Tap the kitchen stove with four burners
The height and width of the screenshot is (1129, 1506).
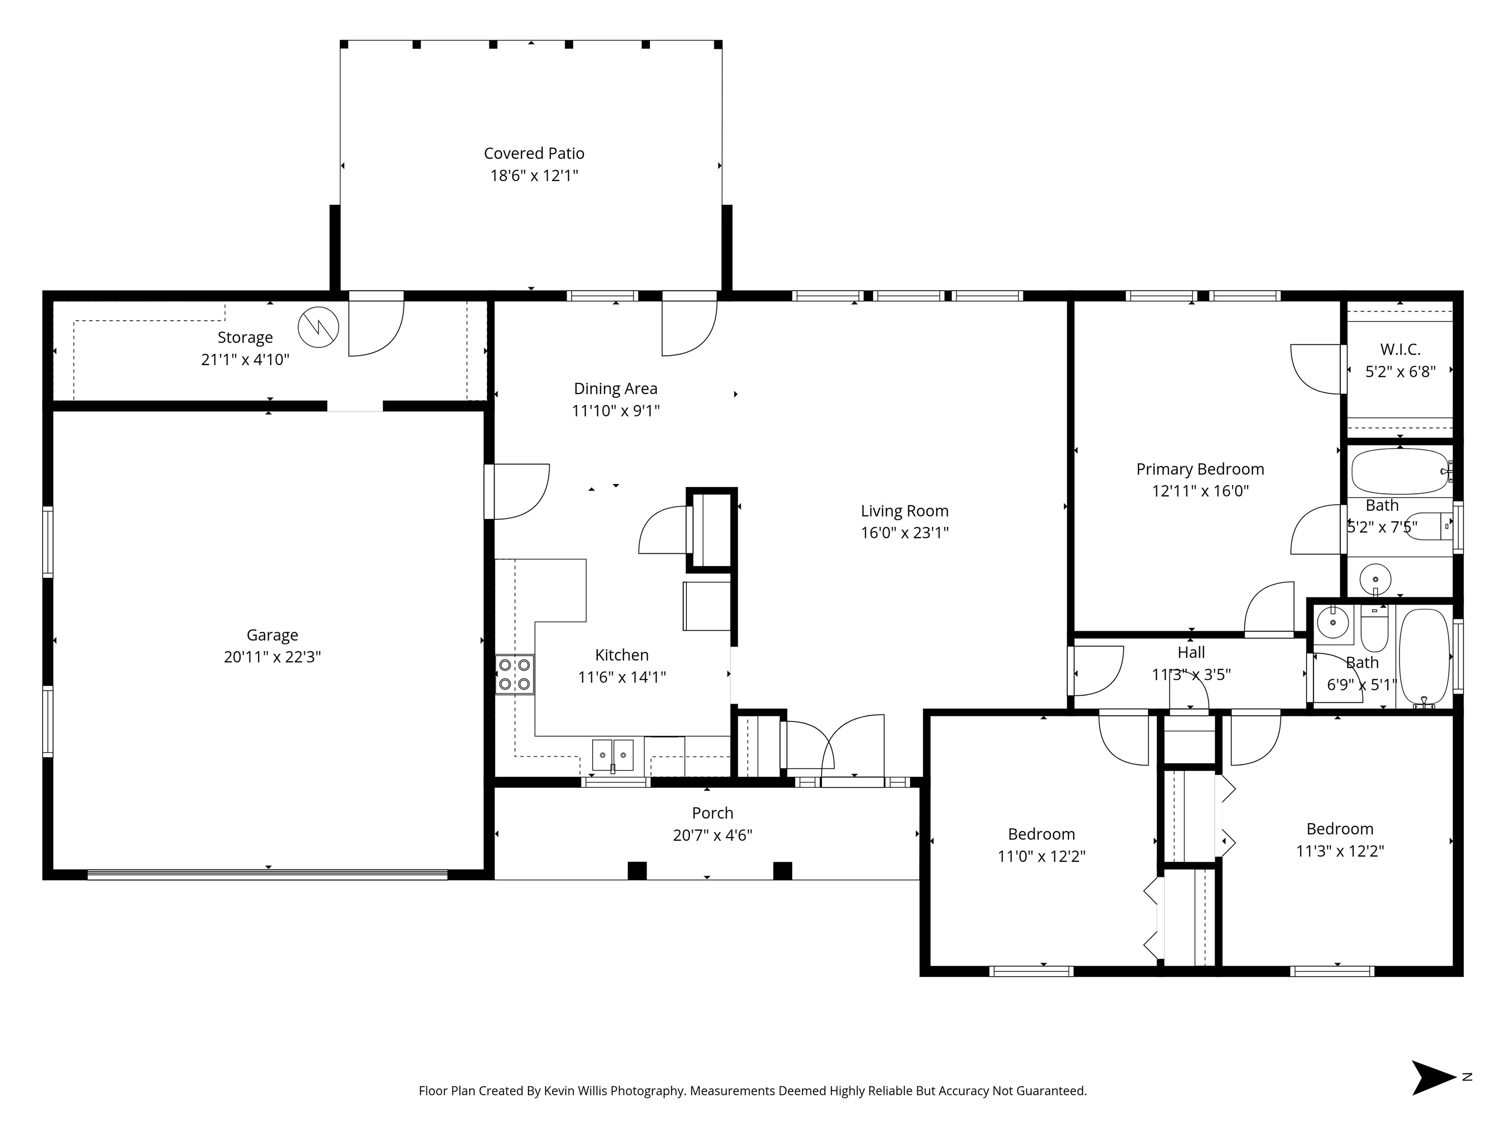click(x=515, y=674)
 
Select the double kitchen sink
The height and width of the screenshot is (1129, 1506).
click(x=613, y=756)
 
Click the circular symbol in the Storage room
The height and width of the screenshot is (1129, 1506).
click(x=319, y=327)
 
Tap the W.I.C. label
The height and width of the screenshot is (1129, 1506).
click(x=1401, y=350)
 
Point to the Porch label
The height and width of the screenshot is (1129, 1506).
click(x=713, y=813)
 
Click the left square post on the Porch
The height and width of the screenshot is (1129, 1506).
click(x=637, y=870)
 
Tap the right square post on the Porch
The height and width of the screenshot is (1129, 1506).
click(x=783, y=870)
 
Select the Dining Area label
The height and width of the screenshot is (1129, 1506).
click(x=615, y=389)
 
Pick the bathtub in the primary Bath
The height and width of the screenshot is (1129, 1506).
click(x=1401, y=471)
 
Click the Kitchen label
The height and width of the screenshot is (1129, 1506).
click(x=622, y=655)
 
